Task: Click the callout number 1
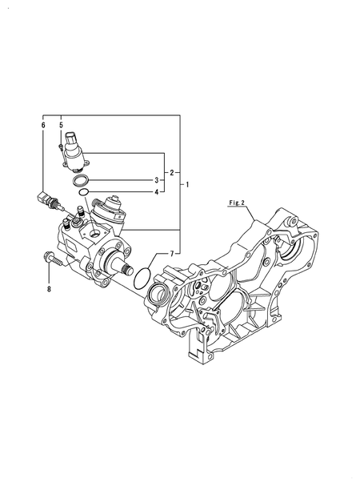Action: coord(187,186)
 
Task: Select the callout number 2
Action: coord(171,172)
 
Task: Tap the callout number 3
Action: coord(157,180)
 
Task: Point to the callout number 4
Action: coord(157,191)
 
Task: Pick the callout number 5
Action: coord(61,126)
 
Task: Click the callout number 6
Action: coord(43,126)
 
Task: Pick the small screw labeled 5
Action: coord(62,146)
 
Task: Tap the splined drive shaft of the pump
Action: coord(124,262)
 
